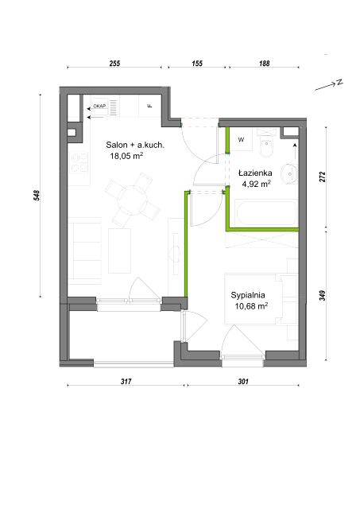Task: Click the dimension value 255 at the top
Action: point(114,63)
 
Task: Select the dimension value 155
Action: point(197,63)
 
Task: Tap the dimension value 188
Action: point(265,63)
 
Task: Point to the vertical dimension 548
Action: point(37,196)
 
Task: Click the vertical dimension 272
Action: point(322,177)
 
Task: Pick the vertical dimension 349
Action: point(322,295)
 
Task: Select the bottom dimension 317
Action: point(126,382)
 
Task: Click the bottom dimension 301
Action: point(243,382)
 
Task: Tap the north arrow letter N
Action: point(339,83)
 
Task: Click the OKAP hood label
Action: point(99,106)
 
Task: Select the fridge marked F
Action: point(150,106)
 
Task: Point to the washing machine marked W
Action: point(242,140)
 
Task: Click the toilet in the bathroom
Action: point(267,145)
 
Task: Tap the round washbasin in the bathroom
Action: point(289,174)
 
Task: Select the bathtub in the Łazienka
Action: point(266,213)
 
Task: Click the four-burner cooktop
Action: point(79,162)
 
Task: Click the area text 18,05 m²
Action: point(127,156)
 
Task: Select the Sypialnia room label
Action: point(248,295)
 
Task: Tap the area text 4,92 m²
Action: point(256,184)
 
